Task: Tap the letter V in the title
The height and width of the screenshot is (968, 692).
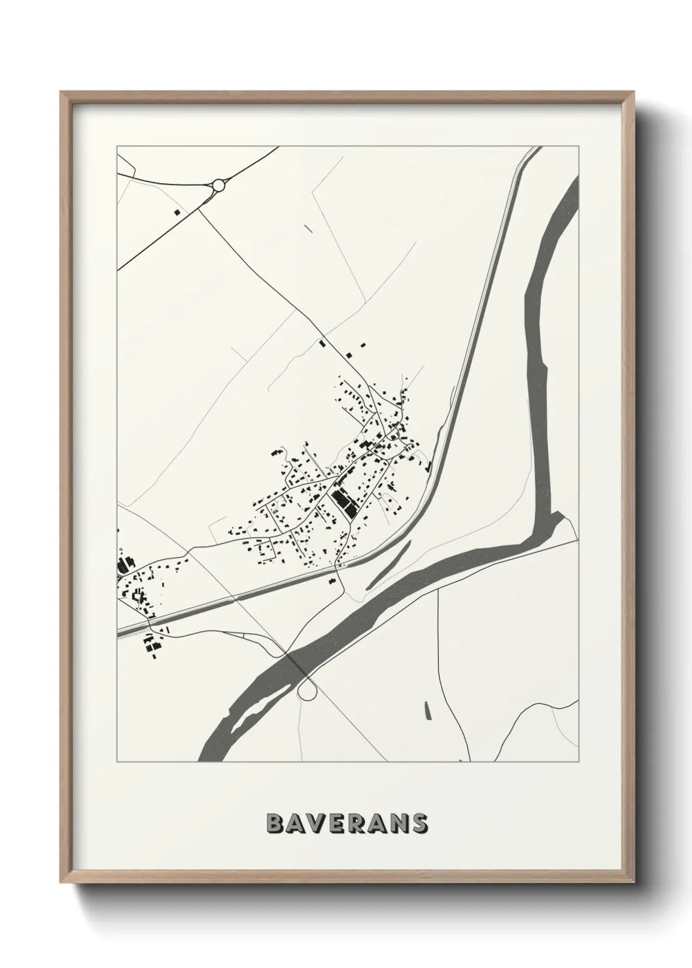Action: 317,823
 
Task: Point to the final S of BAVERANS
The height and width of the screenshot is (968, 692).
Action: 419,823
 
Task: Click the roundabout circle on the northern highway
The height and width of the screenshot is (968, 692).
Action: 218,186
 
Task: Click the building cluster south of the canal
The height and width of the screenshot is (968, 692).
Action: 153,641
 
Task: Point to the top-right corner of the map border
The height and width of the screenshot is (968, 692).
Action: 578,147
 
